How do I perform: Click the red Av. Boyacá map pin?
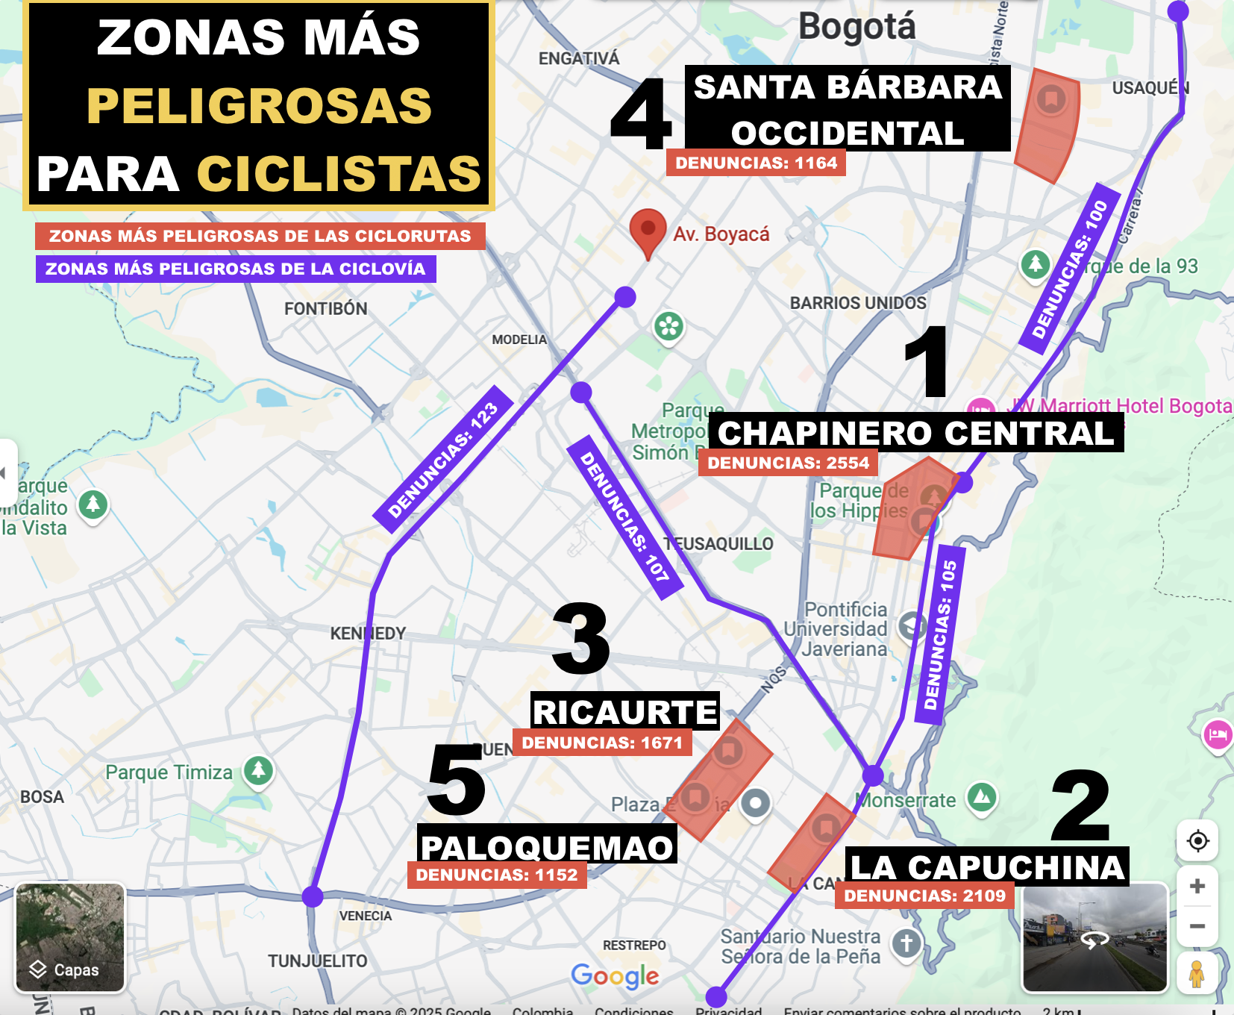pyautogui.click(x=648, y=230)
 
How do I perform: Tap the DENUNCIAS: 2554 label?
pyautogui.click(x=788, y=463)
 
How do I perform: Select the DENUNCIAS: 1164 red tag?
pyautogui.click(x=756, y=163)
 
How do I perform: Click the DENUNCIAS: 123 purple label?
pyautogui.click(x=443, y=459)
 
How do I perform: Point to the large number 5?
pyautogui.click(x=456, y=781)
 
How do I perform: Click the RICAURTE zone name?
pyautogui.click(x=624, y=712)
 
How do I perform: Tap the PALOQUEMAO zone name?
pyautogui.click(x=547, y=847)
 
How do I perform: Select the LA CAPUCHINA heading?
pyautogui.click(x=987, y=867)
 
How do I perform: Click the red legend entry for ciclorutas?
pyautogui.click(x=260, y=236)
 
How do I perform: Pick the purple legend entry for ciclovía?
pyautogui.click(x=235, y=269)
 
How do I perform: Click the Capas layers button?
pyautogui.click(x=70, y=937)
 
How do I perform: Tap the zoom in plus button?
pyautogui.click(x=1197, y=886)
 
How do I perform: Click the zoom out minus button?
pyautogui.click(x=1197, y=926)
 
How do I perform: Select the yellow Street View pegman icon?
pyautogui.click(x=1197, y=974)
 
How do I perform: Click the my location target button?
pyautogui.click(x=1197, y=841)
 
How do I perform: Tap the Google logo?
pyautogui.click(x=615, y=975)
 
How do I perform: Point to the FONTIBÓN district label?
pyautogui.click(x=325, y=309)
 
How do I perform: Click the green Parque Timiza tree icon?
pyautogui.click(x=258, y=769)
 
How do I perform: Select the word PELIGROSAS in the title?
pyautogui.click(x=259, y=105)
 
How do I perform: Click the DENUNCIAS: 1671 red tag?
pyautogui.click(x=602, y=743)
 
